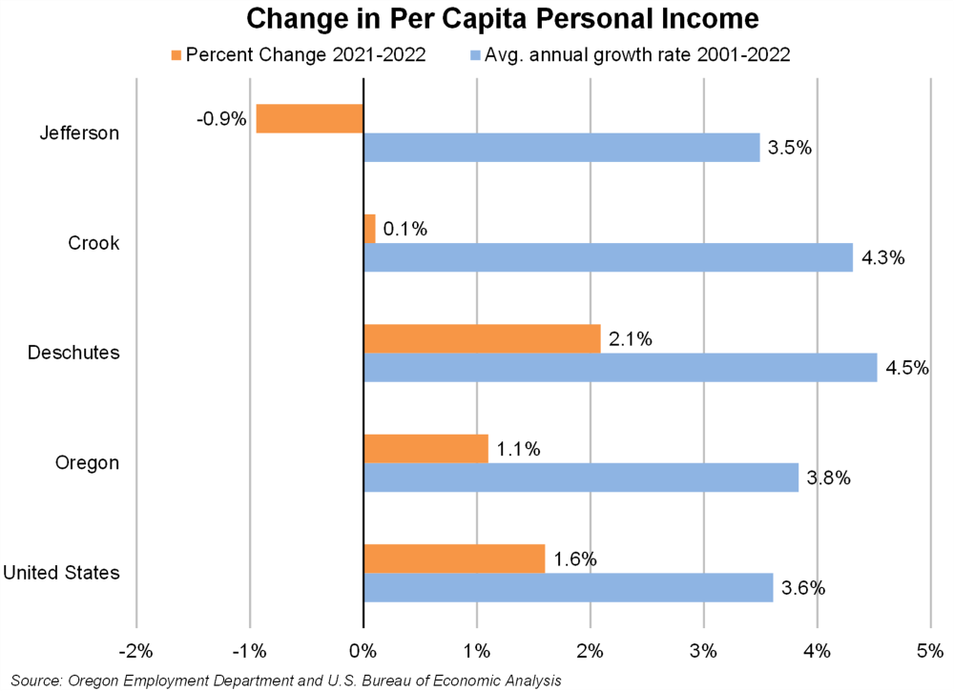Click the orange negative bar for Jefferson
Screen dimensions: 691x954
click(x=310, y=118)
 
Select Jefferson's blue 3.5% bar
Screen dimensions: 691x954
click(x=561, y=148)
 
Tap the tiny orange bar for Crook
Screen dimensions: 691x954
click(x=369, y=229)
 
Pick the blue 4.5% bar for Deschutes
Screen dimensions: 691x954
click(x=620, y=368)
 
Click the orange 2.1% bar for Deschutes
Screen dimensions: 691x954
click(x=482, y=338)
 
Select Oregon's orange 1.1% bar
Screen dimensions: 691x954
click(x=425, y=448)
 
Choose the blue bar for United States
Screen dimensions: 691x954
click(x=568, y=587)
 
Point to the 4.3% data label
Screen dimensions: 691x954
click(x=882, y=258)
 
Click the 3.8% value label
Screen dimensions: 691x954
click(x=828, y=478)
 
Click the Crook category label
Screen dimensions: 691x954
click(x=93, y=243)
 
